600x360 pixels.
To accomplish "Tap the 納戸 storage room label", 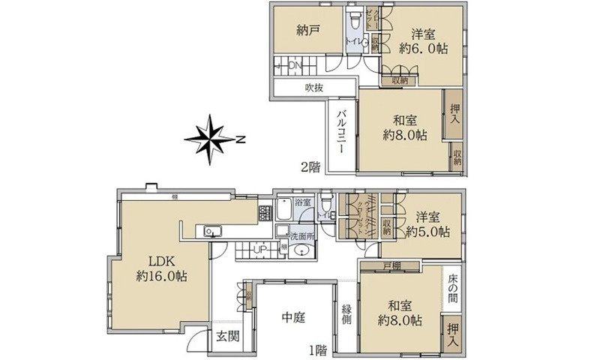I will pos(307,31).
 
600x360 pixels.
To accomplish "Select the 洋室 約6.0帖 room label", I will pos(424,41).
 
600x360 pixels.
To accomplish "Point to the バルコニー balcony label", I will pos(340,131).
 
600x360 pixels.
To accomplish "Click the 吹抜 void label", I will pos(313,88).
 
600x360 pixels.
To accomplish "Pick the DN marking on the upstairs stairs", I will pos(294,66).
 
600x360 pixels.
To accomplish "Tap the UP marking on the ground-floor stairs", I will pos(259,249).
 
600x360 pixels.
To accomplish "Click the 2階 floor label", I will pos(309,166).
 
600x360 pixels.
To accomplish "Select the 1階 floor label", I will pos(316,349).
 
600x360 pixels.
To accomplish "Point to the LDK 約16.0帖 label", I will pos(161,268).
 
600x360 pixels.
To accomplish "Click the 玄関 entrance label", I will pos(228,335).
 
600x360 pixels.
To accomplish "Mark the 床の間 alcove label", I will pos(454,289).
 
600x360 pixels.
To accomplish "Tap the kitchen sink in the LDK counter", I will pos(211,231).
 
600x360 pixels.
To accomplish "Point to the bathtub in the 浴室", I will pos(285,217).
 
